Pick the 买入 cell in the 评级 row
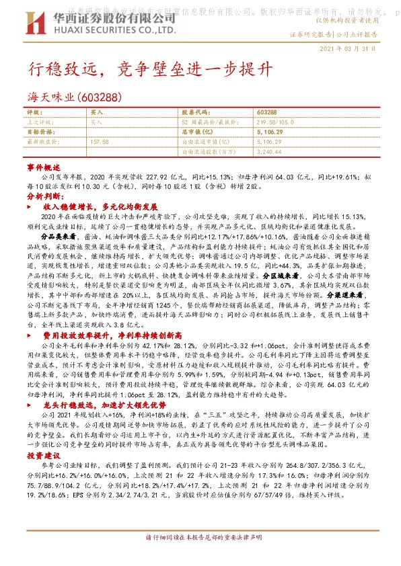[97, 113]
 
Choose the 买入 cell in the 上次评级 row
[97, 122]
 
